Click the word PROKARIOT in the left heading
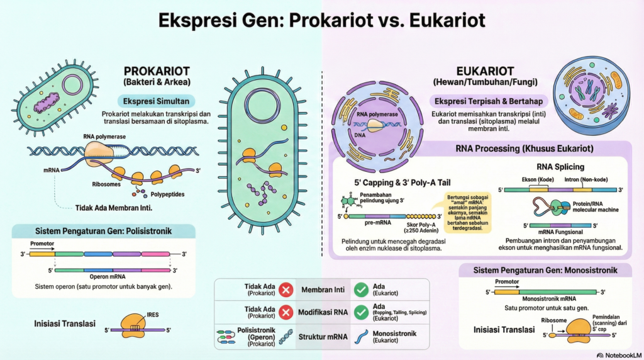pos(157,71)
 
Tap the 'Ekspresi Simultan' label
pos(155,101)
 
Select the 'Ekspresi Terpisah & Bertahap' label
pos(488,101)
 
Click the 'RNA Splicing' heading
pos(560,167)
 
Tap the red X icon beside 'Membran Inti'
pos(286,290)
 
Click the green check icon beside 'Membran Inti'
pos(361,290)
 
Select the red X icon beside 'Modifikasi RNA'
pos(286,313)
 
